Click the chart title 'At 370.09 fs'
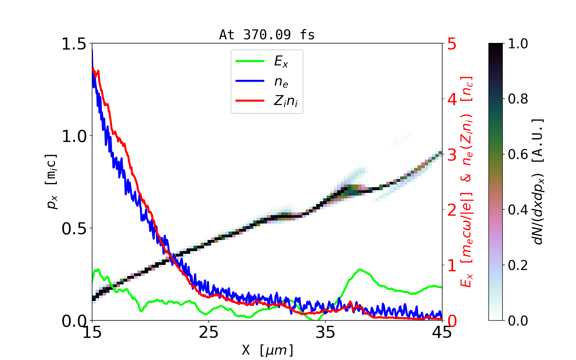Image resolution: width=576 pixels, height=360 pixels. pos(267,35)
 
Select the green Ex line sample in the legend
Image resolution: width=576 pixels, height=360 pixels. pos(250,61)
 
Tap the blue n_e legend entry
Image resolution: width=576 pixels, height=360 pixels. pos(250,81)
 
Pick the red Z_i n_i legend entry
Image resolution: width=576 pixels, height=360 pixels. pos(250,101)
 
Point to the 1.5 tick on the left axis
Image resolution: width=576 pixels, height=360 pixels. pos(74,44)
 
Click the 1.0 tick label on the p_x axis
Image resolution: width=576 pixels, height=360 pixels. pos(74,136)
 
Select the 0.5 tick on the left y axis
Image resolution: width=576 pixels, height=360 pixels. pos(74,229)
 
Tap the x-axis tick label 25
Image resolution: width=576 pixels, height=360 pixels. pos(209,332)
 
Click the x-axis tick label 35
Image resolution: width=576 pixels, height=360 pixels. pos(325,332)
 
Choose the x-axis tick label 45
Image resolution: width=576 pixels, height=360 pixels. pos(442,332)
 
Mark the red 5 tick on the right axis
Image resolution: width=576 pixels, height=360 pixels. pos(452,44)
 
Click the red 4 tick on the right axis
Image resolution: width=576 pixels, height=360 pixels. pos(452,99)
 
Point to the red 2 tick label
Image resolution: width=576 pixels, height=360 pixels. pos(452,210)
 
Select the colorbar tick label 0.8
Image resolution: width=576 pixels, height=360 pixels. pos(518,99)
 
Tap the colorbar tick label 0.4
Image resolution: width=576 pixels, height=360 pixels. pos(518,210)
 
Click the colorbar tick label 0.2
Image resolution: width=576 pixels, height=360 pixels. pos(518,265)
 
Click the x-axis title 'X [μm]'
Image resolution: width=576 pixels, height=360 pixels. pos(268,350)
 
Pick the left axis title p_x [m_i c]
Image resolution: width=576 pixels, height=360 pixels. pos(52,181)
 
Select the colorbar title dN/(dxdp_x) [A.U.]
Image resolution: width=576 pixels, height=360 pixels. pos(538,181)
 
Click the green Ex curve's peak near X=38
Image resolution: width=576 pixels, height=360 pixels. pos(360,269)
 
